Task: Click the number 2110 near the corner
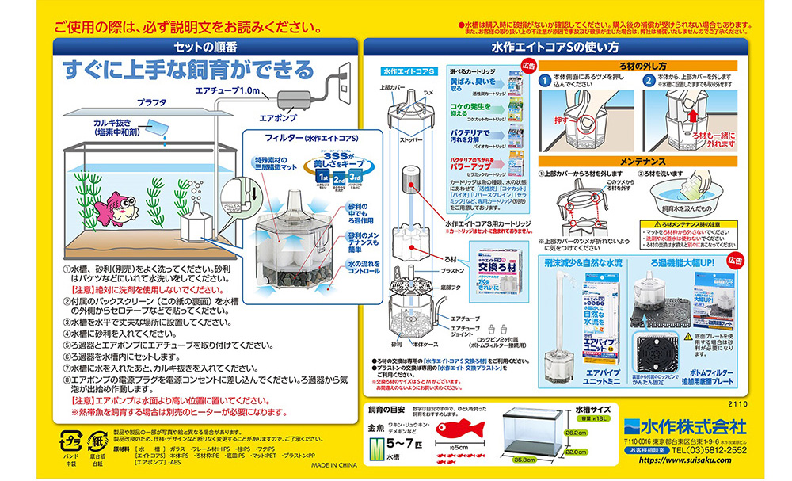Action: click(738, 403)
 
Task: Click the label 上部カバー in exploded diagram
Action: click(391, 88)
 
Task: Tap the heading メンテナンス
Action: click(641, 161)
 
